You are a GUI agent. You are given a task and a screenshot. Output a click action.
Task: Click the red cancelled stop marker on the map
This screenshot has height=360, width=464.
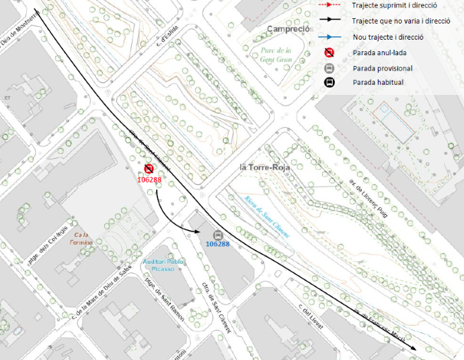[x=149, y=169]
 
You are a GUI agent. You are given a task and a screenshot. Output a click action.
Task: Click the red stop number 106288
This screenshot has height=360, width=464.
[x=149, y=180]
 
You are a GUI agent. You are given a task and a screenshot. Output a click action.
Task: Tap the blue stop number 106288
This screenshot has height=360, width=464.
[x=217, y=244]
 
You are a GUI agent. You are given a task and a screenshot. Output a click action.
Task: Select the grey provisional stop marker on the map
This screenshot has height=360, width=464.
[x=217, y=234]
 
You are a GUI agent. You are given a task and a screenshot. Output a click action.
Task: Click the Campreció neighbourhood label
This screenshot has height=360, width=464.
[x=288, y=29]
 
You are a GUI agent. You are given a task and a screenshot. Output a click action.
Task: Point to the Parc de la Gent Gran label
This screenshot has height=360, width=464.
[x=276, y=55]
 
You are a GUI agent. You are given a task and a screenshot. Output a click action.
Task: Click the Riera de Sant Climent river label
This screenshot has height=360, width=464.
[x=267, y=216]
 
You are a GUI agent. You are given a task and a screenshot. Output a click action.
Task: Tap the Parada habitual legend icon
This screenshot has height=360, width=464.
[x=330, y=82]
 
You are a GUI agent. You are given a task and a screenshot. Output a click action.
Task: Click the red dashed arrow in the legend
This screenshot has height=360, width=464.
[x=329, y=5]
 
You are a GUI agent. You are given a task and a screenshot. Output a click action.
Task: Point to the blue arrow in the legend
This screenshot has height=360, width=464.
[x=329, y=36]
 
